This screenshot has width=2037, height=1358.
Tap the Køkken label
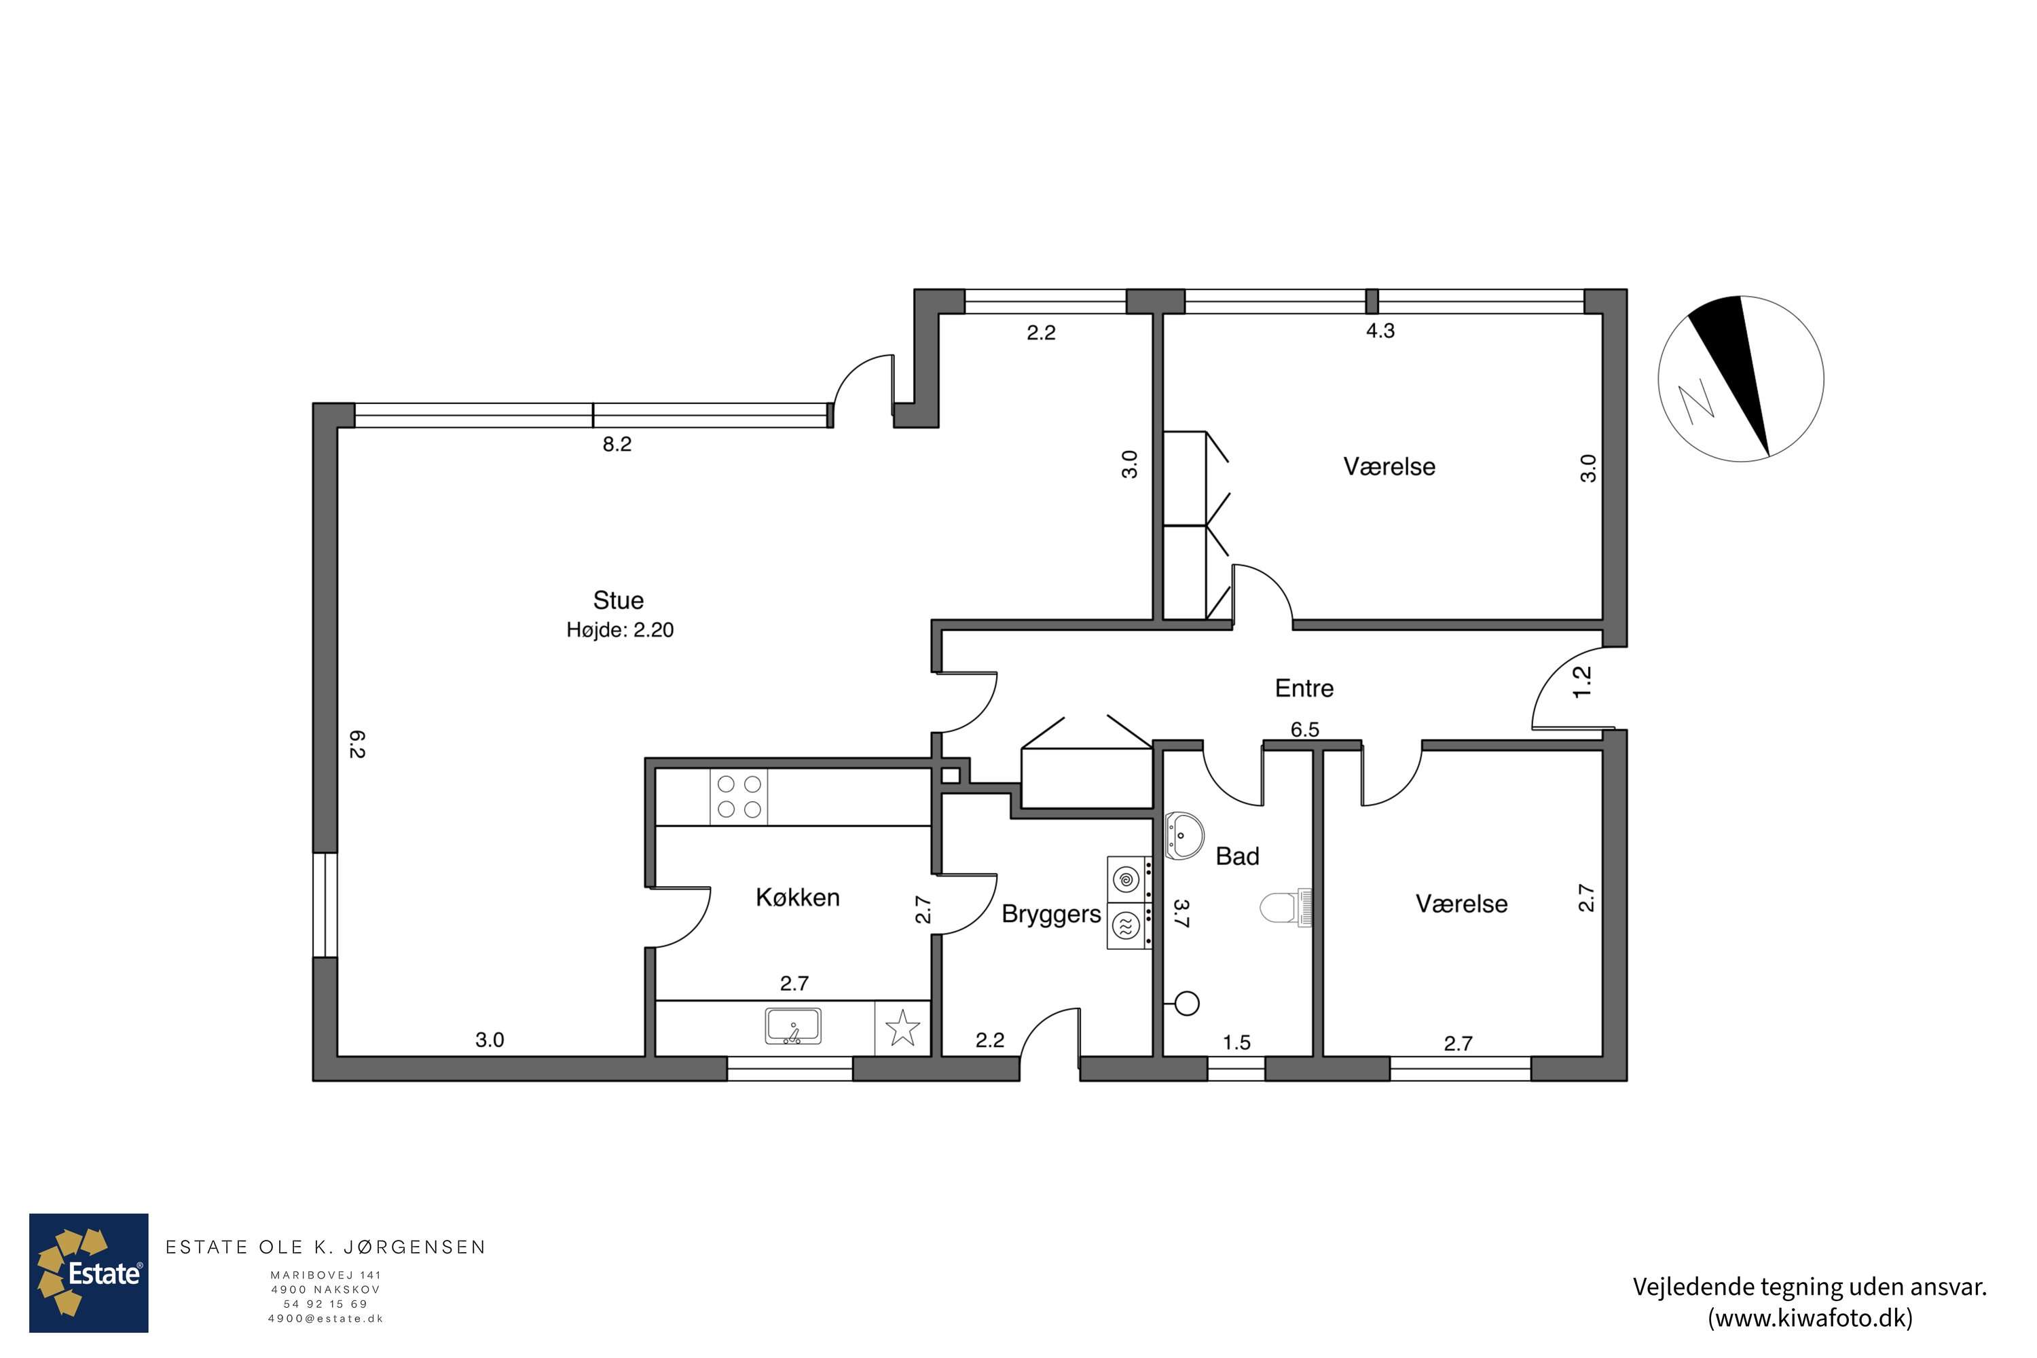(798, 897)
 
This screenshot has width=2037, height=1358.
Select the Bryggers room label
(1051, 915)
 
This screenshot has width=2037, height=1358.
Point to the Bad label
(1236, 856)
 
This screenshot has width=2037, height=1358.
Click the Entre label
(1304, 689)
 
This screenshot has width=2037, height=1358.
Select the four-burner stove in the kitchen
(739, 796)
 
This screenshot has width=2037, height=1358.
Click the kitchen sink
(793, 1026)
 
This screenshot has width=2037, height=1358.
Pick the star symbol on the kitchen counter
(902, 1028)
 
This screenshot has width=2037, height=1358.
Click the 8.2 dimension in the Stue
(617, 444)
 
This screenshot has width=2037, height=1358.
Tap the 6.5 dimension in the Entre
(1304, 729)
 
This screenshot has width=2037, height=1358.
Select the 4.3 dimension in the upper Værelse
(1380, 331)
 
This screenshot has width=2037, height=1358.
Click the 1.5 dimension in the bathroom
(1236, 1043)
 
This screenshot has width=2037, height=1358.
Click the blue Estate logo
(89, 1272)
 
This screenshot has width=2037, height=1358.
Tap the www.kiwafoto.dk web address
(1810, 1318)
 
